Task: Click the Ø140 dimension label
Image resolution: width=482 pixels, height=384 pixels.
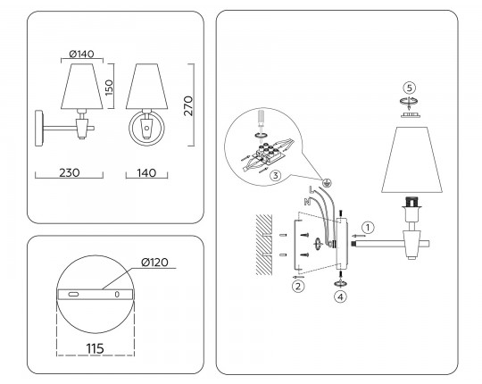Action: coord(82,54)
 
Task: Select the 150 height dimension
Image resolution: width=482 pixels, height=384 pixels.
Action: coord(109,88)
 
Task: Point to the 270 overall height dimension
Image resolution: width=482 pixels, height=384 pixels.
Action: coord(188,105)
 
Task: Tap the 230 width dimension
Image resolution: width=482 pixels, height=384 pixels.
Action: coord(70,172)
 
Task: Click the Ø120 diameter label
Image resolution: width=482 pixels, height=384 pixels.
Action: coord(155,263)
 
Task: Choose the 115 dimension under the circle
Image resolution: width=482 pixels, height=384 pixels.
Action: coord(95,348)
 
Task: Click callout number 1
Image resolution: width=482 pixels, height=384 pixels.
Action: coord(368,228)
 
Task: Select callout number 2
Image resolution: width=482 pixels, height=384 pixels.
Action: coord(297,287)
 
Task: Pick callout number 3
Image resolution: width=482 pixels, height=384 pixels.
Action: coord(276,176)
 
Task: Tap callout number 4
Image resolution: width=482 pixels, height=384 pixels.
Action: coord(340,297)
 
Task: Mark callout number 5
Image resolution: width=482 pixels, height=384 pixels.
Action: coord(410,88)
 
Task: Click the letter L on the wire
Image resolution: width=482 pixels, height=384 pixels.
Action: coord(312,189)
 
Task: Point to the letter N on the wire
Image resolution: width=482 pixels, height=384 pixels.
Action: coord(306,202)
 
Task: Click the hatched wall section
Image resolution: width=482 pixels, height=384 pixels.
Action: coord(264,245)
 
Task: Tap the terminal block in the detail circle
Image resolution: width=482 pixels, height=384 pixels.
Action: coord(267,153)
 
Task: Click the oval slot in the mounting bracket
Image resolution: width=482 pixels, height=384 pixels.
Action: coord(73,294)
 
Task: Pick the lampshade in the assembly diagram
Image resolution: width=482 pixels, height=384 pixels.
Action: coord(411,160)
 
